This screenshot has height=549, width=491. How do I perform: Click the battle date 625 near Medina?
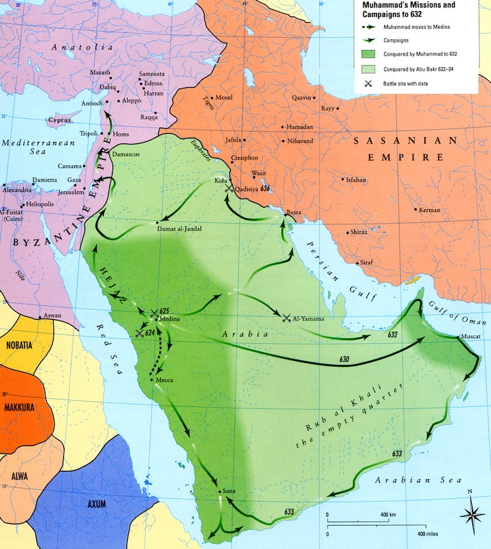coord(164,311)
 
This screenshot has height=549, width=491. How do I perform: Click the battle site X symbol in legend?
coord(368,83)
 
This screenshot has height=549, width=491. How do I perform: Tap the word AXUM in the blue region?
coord(97,504)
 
